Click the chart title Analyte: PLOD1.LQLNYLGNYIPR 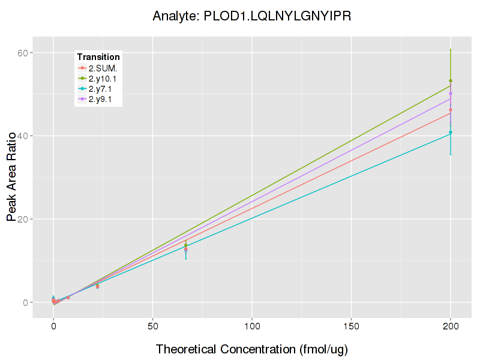coord(252,16)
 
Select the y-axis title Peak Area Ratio coord(11,177)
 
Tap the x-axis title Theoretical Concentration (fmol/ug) coord(252,349)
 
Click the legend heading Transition coord(98,57)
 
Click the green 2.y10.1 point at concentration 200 coord(451,81)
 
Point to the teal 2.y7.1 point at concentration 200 coord(451,132)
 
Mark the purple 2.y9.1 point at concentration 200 coord(451,94)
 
